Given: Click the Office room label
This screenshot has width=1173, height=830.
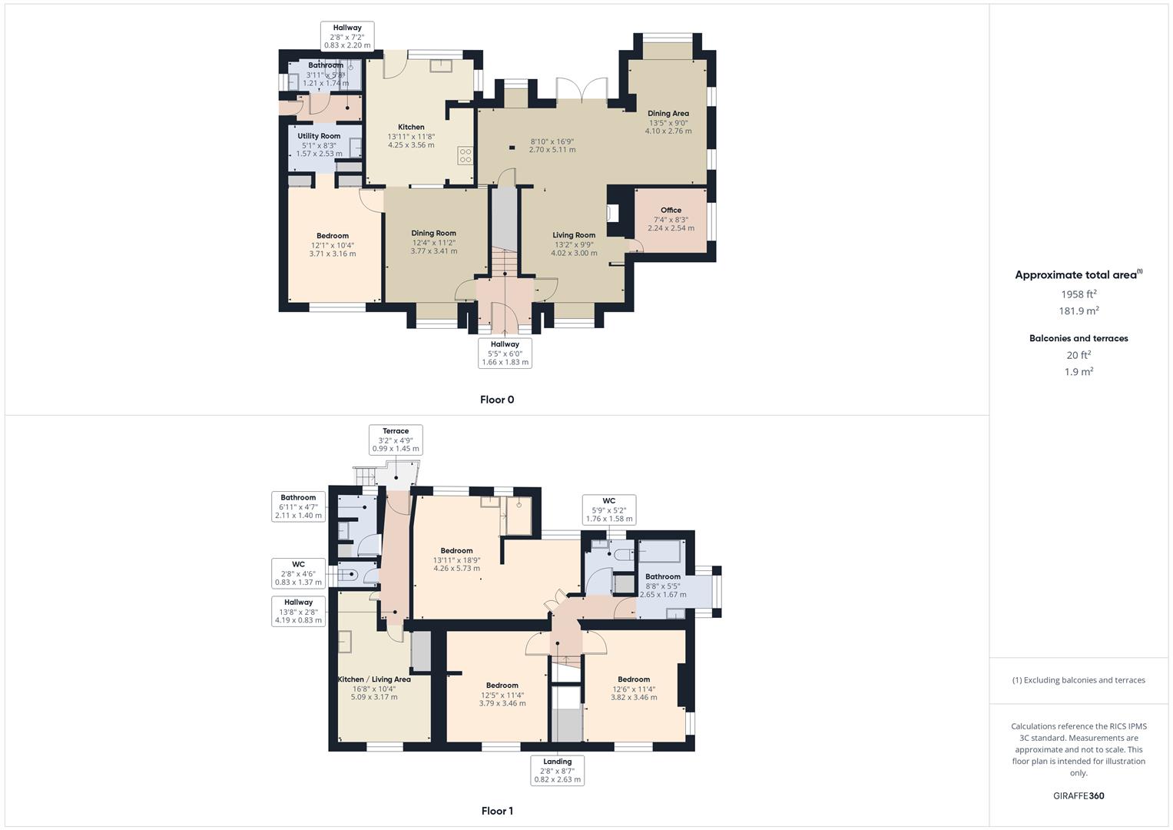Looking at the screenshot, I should pyautogui.click(x=671, y=210).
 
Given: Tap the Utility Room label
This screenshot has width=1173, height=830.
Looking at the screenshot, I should pyautogui.click(x=319, y=136).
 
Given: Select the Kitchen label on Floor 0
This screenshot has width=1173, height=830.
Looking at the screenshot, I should pyautogui.click(x=411, y=127).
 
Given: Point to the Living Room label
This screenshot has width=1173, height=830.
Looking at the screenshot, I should pyautogui.click(x=574, y=235).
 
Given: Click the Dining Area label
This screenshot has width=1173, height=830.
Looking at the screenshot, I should pyautogui.click(x=668, y=113).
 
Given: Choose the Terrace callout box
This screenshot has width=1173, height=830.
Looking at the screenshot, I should pyautogui.click(x=396, y=440).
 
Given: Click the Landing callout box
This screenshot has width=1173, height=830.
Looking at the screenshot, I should pyautogui.click(x=557, y=770).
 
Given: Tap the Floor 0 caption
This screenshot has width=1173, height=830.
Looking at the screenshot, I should pyautogui.click(x=497, y=400).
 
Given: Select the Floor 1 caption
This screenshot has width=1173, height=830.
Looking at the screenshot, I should pyautogui.click(x=497, y=811).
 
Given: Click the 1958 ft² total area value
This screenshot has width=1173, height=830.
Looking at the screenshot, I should pyautogui.click(x=1079, y=294).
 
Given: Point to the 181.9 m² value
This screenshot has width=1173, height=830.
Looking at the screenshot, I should pyautogui.click(x=1079, y=310).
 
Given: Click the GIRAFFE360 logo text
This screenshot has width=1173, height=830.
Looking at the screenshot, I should pyautogui.click(x=1079, y=795).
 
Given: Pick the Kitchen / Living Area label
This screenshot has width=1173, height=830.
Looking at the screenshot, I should pyautogui.click(x=374, y=679).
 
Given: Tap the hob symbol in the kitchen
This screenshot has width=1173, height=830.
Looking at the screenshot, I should pyautogui.click(x=466, y=155).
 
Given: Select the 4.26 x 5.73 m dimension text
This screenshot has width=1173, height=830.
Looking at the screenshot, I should pyautogui.click(x=456, y=569).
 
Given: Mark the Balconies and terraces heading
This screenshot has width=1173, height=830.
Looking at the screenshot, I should pyautogui.click(x=1079, y=338).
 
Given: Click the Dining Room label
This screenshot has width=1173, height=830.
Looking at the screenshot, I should pyautogui.click(x=433, y=233).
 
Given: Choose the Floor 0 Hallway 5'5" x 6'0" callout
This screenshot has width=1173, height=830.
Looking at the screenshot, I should pyautogui.click(x=505, y=354).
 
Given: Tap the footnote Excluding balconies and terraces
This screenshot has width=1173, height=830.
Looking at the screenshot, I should pyautogui.click(x=1079, y=680).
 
